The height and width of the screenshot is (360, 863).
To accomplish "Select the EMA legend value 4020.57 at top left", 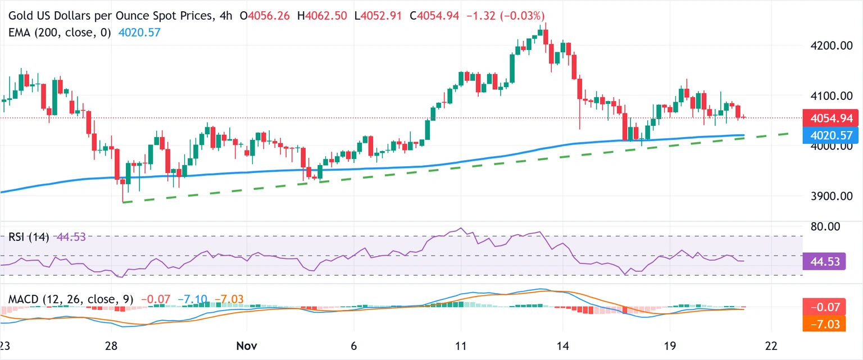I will pos(139,33).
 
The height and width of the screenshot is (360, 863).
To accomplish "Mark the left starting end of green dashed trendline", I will pos(123,202).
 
